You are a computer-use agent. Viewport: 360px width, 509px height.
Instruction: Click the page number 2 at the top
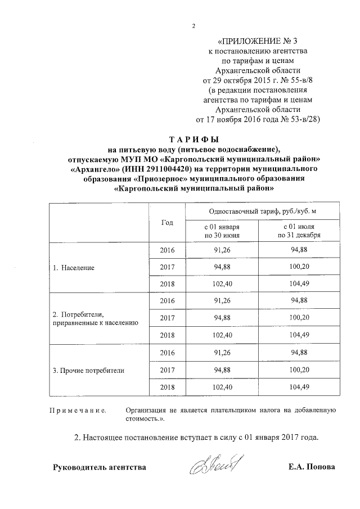193,26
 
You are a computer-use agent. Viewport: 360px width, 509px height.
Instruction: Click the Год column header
166,222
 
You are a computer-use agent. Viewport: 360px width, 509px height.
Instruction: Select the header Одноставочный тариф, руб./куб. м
258,210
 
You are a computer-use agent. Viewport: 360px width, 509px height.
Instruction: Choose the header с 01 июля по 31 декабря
298,231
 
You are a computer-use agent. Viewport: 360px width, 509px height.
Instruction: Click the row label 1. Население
74,266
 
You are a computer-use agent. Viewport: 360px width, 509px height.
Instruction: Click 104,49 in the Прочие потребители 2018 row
298,388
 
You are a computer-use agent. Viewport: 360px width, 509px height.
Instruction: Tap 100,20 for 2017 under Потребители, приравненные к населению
298,318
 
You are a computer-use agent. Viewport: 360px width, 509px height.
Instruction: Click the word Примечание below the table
78,412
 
